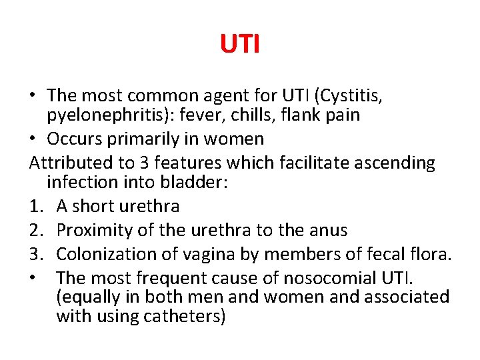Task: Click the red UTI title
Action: point(240,45)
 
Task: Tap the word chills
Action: point(273,115)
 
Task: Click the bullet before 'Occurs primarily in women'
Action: point(33,139)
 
